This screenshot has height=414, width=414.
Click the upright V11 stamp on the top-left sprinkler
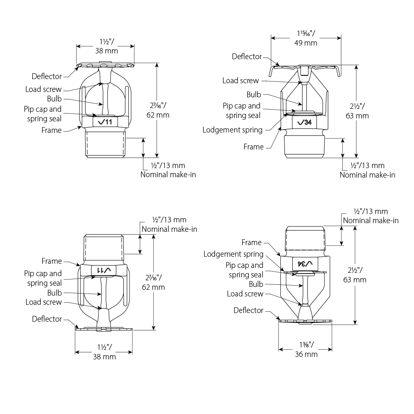click(x=105, y=122)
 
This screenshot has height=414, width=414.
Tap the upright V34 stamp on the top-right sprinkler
click(x=304, y=122)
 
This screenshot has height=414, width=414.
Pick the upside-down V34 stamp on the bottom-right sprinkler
click(x=305, y=263)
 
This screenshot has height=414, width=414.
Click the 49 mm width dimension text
click(x=306, y=43)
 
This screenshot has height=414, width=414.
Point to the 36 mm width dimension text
click(x=306, y=354)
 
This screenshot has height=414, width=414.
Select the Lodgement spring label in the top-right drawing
click(x=233, y=130)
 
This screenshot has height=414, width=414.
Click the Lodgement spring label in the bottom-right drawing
click(x=233, y=254)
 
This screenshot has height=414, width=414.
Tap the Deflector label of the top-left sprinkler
click(x=47, y=76)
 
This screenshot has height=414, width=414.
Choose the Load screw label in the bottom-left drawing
click(x=43, y=302)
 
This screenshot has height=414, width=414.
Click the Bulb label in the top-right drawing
click(x=254, y=94)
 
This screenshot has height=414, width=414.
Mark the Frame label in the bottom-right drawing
click(x=251, y=242)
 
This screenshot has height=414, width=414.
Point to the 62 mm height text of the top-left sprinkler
click(x=158, y=115)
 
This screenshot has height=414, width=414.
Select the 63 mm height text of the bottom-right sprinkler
click(x=355, y=280)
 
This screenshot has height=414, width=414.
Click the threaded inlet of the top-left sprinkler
click(x=105, y=144)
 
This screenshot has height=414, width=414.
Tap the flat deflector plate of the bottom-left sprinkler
click(x=104, y=329)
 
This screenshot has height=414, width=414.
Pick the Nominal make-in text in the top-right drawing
click(x=368, y=175)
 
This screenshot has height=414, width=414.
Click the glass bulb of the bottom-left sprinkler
click(x=104, y=293)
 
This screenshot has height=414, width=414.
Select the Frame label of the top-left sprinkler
click(x=51, y=130)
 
